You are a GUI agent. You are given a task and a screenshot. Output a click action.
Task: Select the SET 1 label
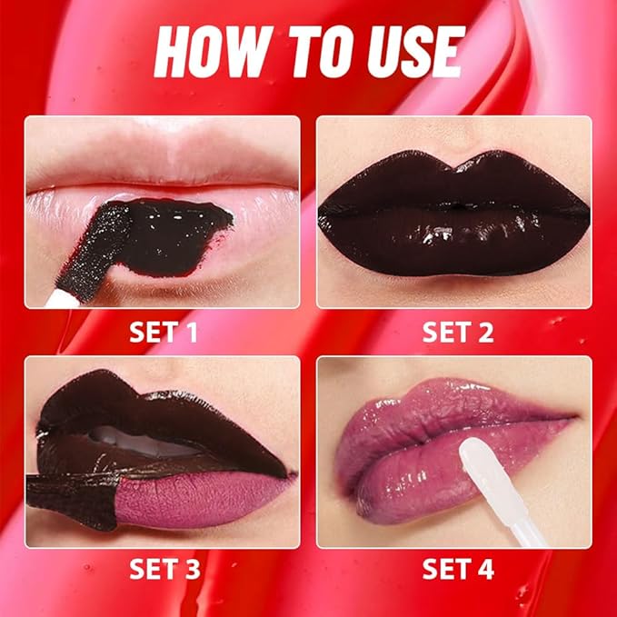tap(164, 332)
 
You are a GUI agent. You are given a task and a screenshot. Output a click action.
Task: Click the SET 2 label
tap(458, 332)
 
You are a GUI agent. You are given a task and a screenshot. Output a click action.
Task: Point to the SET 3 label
tap(164, 570)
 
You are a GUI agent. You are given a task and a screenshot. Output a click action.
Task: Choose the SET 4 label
tap(458, 570)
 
